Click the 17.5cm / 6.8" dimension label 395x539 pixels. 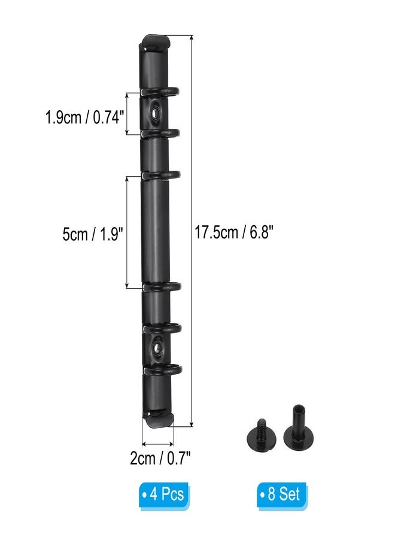(x=234, y=232)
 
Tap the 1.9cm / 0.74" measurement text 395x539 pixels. (x=84, y=117)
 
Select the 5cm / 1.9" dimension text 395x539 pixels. (x=93, y=235)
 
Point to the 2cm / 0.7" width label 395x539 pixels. (x=160, y=458)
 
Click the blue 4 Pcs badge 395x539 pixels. (x=164, y=495)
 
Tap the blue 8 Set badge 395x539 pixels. (x=282, y=495)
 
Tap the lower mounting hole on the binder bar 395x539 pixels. (x=159, y=348)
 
